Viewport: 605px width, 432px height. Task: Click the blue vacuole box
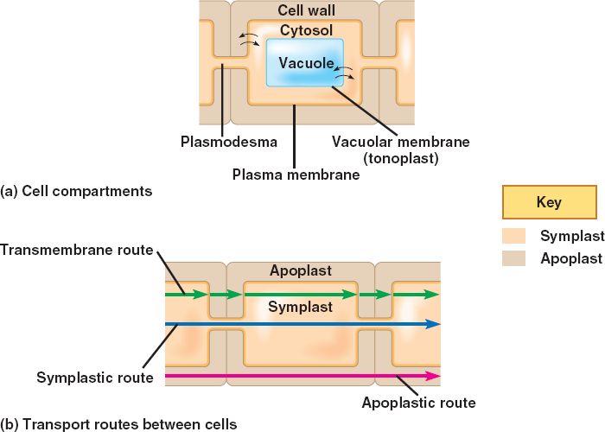pyautogui.click(x=304, y=62)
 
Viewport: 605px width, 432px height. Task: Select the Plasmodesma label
pyautogui.click(x=229, y=140)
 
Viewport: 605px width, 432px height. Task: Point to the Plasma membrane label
pyautogui.click(x=296, y=175)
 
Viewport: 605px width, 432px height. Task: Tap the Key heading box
pyautogui.click(x=549, y=203)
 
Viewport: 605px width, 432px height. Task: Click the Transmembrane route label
pyautogui.click(x=77, y=251)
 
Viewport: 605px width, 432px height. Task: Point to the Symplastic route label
pyautogui.click(x=95, y=378)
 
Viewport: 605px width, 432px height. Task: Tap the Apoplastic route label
pyautogui.click(x=418, y=403)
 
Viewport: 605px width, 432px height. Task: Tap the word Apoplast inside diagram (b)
pyautogui.click(x=300, y=271)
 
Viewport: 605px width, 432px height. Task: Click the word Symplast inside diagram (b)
pyautogui.click(x=300, y=307)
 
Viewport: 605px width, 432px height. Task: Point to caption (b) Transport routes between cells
pyautogui.click(x=118, y=424)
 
